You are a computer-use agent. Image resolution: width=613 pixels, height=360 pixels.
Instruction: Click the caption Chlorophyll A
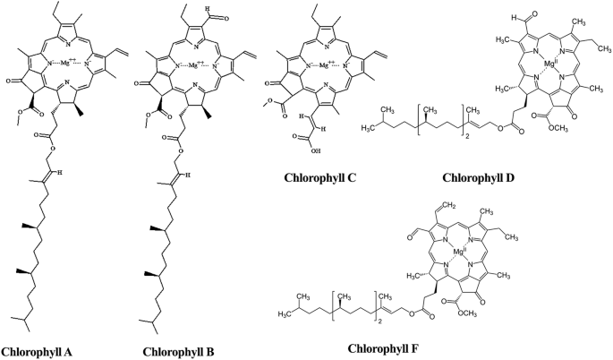[x=43, y=350]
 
